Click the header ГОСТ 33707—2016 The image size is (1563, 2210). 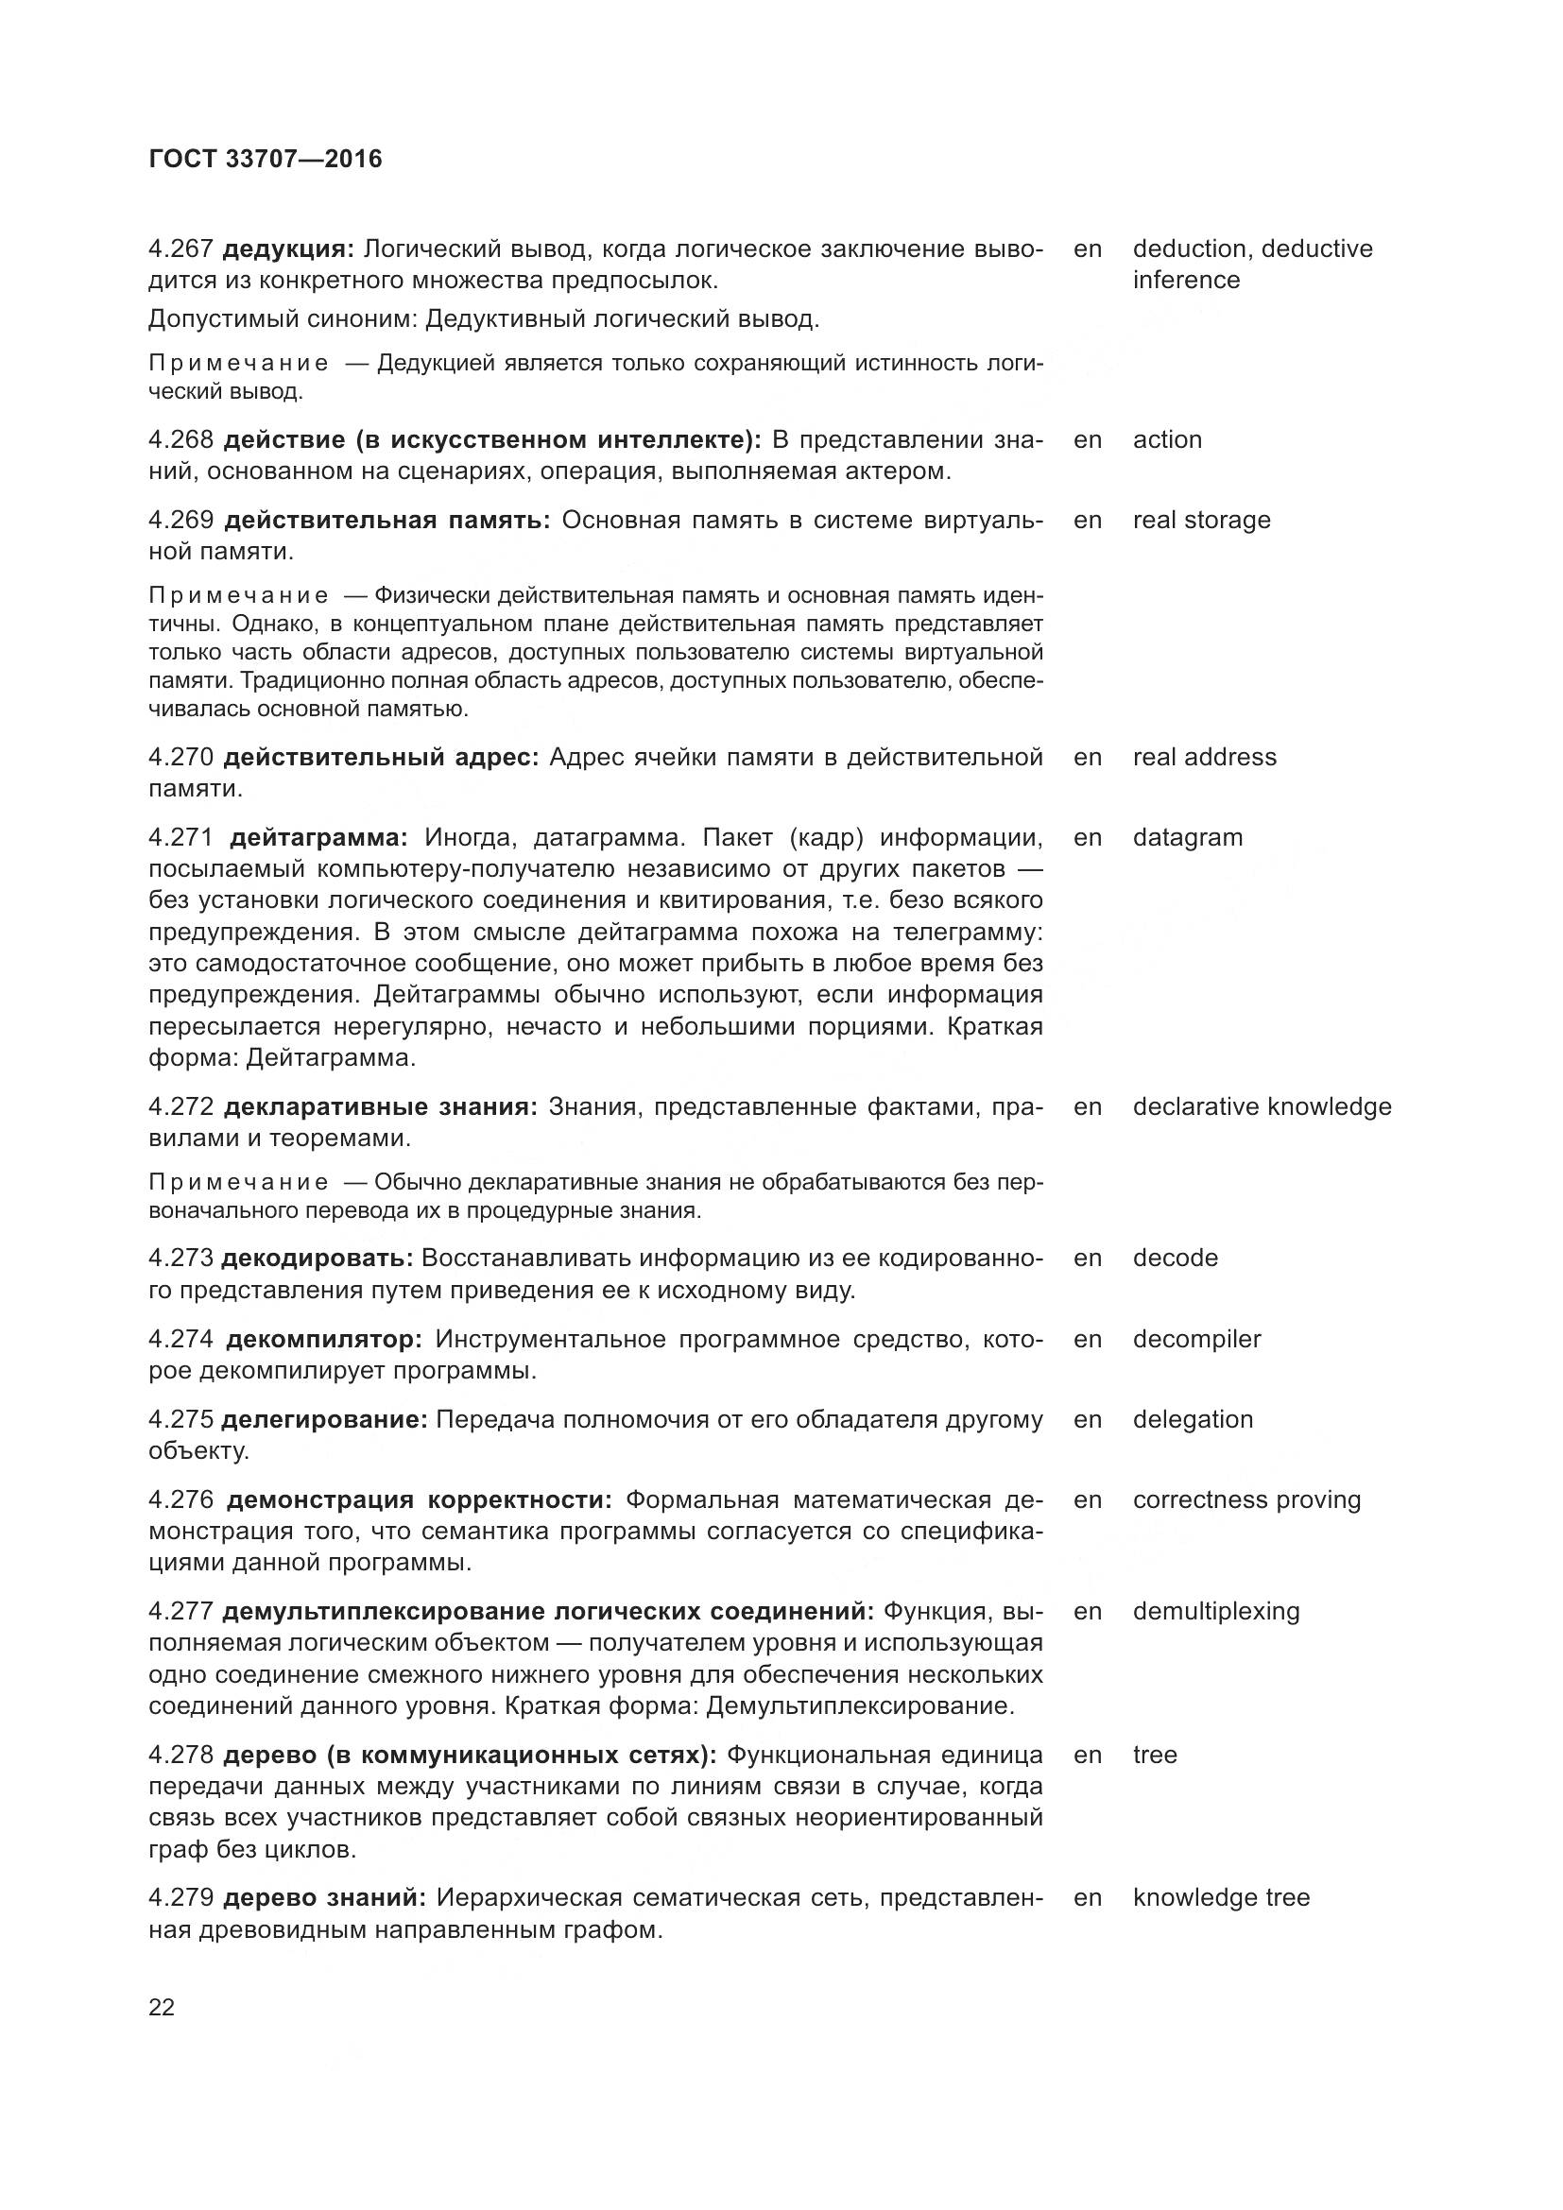266,159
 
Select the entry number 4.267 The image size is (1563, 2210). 180,249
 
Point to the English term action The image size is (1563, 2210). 1166,440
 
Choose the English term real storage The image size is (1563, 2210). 1201,521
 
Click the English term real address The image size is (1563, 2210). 1204,758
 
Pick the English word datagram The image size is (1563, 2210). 1188,837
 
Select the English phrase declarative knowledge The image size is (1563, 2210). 1262,1107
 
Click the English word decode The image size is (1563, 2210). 1176,1258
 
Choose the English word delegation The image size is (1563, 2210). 1193,1420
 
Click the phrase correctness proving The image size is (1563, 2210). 1246,1499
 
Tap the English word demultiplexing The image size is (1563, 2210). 1215,1611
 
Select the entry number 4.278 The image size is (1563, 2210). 180,1755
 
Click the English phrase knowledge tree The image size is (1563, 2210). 1221,1897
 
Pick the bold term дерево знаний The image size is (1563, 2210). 324,1897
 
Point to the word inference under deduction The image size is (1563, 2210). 1186,280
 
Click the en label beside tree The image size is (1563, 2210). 1088,1755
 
